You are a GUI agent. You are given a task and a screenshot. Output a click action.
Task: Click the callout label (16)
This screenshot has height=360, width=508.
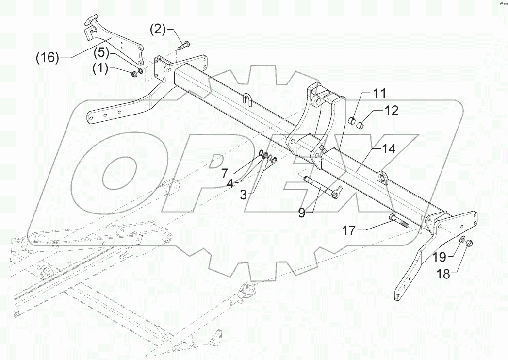(x=47, y=58)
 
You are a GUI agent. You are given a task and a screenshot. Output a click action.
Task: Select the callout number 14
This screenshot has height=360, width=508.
(x=388, y=149)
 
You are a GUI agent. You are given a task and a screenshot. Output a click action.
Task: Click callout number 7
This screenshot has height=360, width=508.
(x=225, y=172)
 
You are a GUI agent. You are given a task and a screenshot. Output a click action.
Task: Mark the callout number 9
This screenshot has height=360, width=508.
(x=302, y=212)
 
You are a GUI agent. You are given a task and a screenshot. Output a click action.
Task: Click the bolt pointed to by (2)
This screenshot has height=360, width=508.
(x=183, y=47)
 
